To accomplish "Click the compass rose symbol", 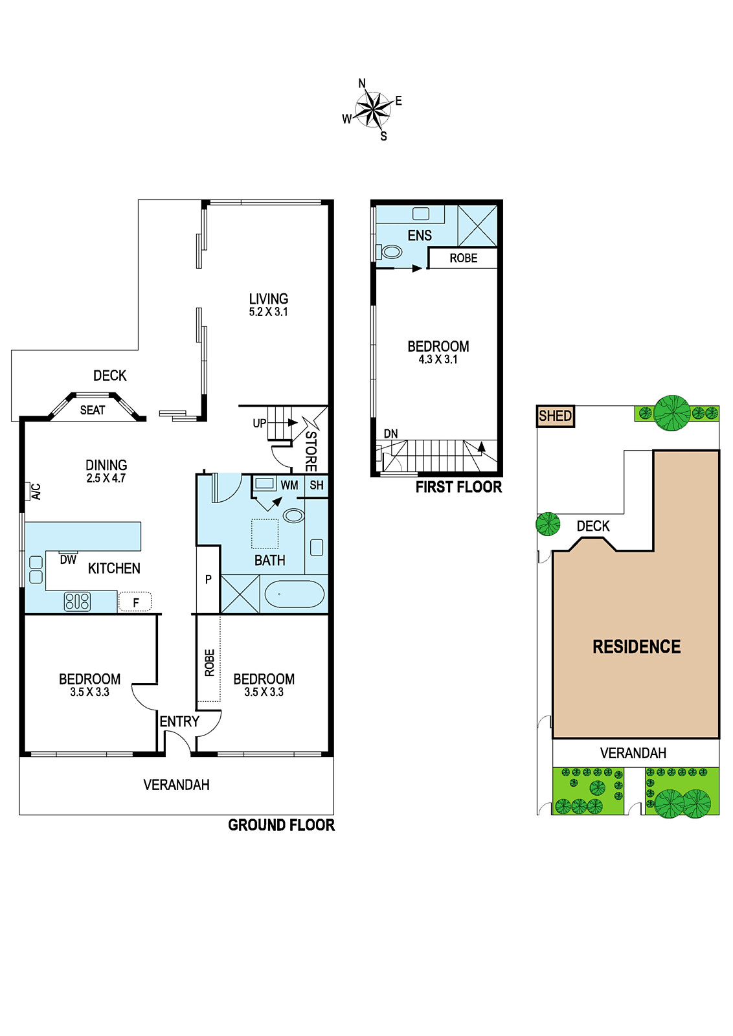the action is [x=373, y=109].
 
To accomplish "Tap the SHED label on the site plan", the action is [x=555, y=416].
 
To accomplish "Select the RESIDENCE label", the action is [x=637, y=647].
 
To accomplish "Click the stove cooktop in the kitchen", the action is [x=77, y=602].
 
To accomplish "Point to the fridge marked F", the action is [x=135, y=602].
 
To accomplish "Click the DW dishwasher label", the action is [x=68, y=560].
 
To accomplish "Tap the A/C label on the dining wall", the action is [x=36, y=491].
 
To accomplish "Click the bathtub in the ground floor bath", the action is [x=294, y=594].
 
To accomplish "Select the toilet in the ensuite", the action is [x=389, y=252].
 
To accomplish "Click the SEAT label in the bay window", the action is [x=93, y=411].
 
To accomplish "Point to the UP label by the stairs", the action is [x=260, y=423].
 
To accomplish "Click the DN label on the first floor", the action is [x=390, y=433].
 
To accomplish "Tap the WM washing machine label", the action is [x=289, y=485].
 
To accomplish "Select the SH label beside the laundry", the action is [x=317, y=485].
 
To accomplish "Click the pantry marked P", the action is [x=208, y=579].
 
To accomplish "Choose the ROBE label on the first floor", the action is [x=464, y=258].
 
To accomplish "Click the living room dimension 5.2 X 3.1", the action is [x=268, y=311].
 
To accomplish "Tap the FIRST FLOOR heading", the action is [x=458, y=487].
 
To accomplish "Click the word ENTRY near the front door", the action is [x=179, y=721].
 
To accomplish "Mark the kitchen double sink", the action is [x=36, y=570].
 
